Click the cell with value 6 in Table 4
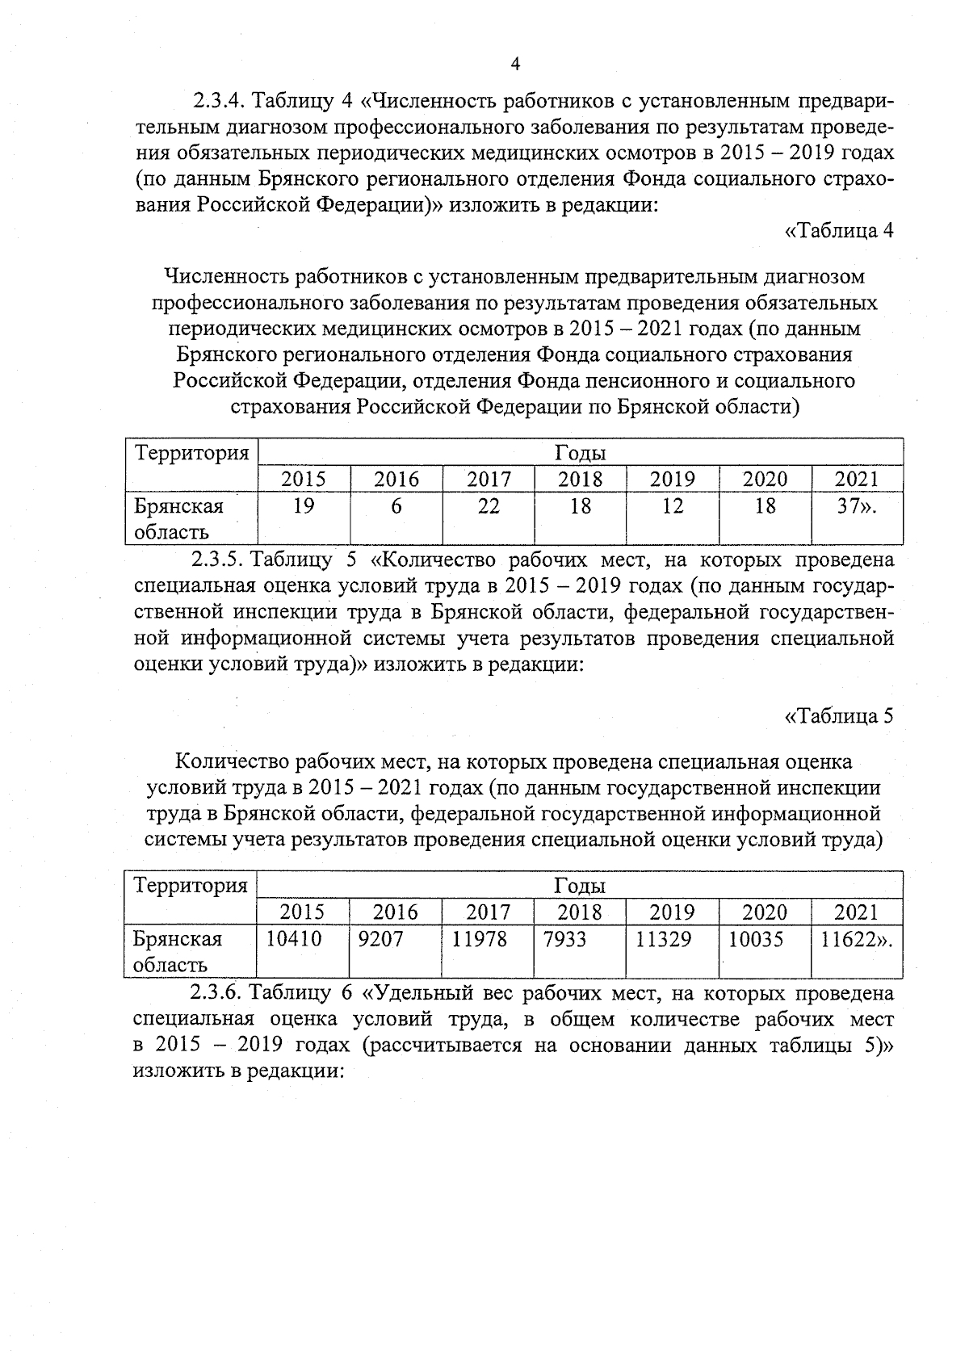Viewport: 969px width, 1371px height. [x=396, y=506]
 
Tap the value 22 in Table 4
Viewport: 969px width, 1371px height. [x=489, y=506]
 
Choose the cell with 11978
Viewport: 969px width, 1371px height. [x=479, y=939]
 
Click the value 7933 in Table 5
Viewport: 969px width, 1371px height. [x=565, y=939]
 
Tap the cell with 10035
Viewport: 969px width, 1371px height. [x=756, y=939]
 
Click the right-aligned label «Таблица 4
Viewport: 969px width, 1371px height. [x=839, y=230]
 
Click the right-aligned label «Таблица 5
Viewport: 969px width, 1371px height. [x=839, y=716]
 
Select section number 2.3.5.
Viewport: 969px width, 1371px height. [x=218, y=560]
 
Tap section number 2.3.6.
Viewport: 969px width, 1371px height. [x=218, y=992]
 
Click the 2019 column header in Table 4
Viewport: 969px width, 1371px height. [x=673, y=479]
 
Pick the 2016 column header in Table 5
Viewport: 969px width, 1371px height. [x=396, y=912]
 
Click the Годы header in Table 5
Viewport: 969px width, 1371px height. [x=580, y=886]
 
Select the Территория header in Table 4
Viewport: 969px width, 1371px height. [x=191, y=452]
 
